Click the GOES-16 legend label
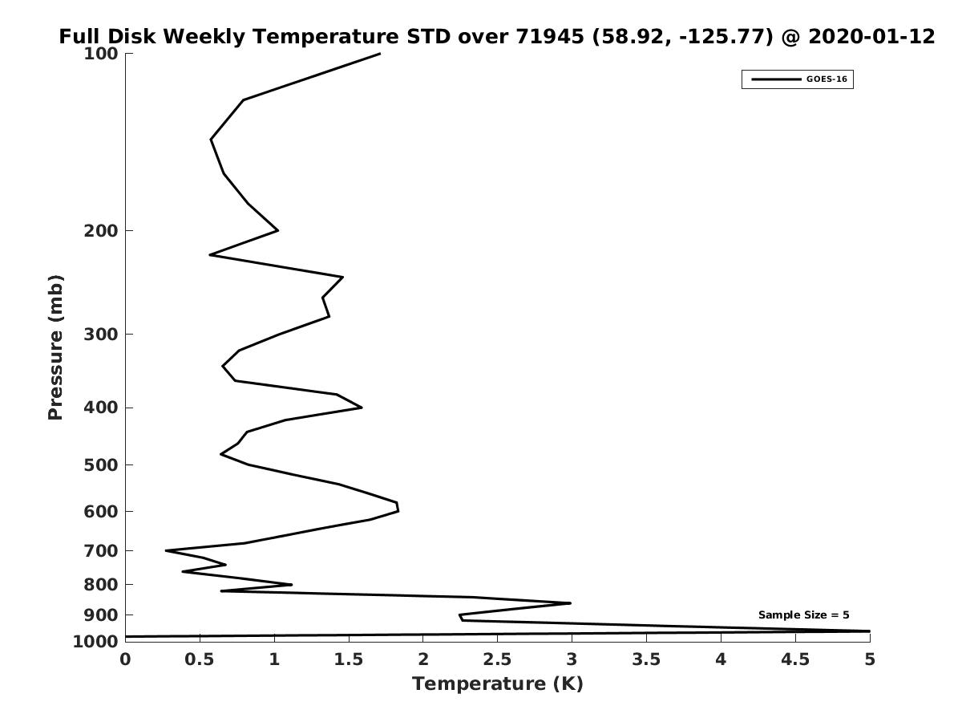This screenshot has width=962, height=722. (x=827, y=79)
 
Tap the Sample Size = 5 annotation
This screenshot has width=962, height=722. (x=803, y=615)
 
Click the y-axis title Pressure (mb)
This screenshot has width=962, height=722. (x=55, y=347)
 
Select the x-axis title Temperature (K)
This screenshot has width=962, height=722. (x=498, y=683)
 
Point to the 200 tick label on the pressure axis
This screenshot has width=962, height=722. (x=101, y=230)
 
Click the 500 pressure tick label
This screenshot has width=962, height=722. (x=101, y=464)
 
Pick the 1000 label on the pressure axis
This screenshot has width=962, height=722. (x=95, y=641)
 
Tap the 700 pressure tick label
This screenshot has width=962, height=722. (x=101, y=550)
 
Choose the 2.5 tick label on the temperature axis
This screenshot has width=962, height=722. (x=498, y=659)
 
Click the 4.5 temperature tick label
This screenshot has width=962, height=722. (x=795, y=659)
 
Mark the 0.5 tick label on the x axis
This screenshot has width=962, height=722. (x=200, y=659)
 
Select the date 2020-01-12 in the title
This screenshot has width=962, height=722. (x=871, y=36)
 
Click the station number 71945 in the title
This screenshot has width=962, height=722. (x=550, y=36)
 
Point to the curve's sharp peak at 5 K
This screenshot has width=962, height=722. (x=870, y=631)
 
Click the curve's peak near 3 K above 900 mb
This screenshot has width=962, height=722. (x=570, y=603)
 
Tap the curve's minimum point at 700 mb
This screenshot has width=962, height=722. (x=166, y=550)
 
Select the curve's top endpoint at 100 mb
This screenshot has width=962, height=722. (x=379, y=54)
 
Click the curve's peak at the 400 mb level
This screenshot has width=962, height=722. (x=362, y=408)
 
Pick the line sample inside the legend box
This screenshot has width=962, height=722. (x=776, y=79)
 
